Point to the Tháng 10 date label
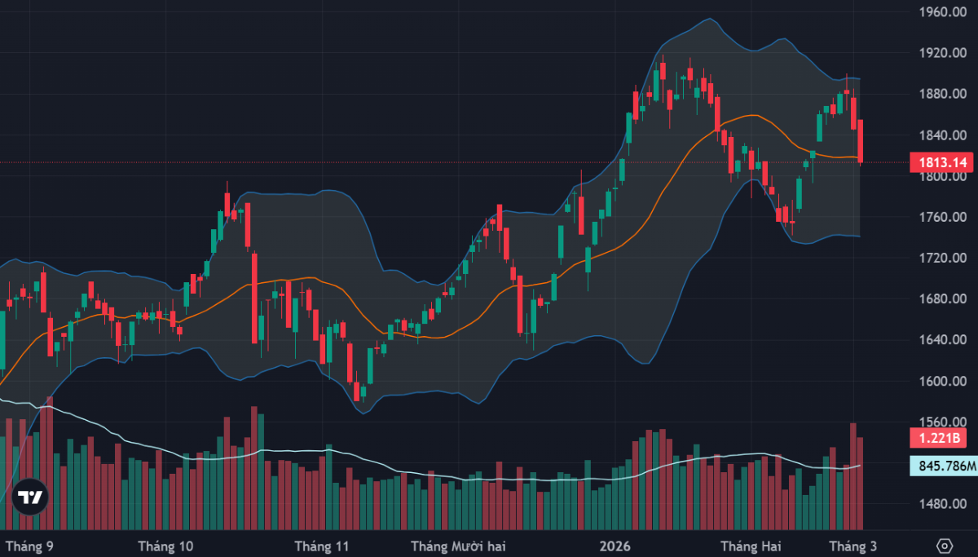coord(166,545)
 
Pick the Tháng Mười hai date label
coord(456,545)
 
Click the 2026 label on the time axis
coord(613,545)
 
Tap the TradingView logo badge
coord(30,497)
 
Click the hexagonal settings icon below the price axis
coord(945,545)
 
